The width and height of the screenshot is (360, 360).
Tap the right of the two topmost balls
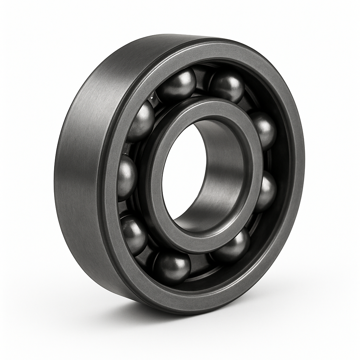point(227,86)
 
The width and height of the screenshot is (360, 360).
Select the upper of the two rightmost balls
point(264,130)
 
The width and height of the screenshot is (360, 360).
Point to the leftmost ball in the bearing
point(127,178)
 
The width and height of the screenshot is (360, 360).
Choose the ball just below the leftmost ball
point(134,234)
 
